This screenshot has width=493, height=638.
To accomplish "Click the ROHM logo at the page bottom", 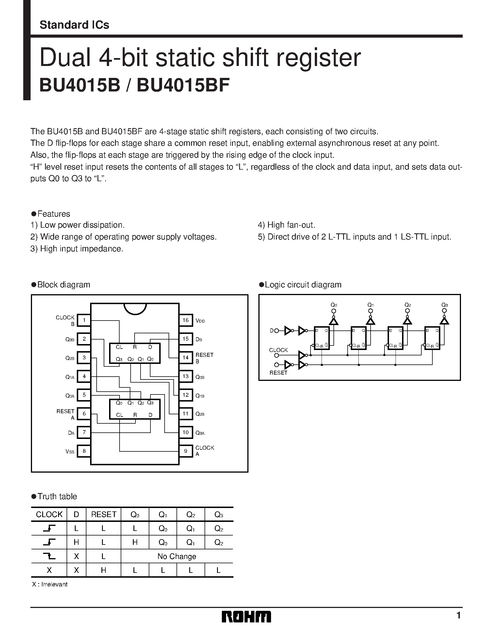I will coord(246,617).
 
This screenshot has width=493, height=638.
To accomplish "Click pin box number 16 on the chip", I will coord(186,320).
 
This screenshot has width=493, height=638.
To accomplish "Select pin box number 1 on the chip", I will coord(84,320).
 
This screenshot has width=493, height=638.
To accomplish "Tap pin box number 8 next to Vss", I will coord(84,451).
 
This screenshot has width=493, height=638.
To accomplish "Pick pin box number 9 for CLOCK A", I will coord(186,451).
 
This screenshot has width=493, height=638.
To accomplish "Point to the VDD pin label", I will coord(200,321).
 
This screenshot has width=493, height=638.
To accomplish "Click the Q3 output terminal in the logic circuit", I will coord(445,311).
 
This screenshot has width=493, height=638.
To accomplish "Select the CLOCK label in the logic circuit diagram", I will coord(278,350).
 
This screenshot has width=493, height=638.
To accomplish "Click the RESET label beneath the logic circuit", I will coord(278,373).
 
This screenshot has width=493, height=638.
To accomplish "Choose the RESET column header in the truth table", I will coord(103,514).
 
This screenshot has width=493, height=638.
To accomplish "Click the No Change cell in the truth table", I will coord(177,556).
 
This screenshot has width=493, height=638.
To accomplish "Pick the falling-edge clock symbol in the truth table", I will coord(49,556).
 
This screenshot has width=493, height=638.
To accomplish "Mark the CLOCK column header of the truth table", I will coord(49,514).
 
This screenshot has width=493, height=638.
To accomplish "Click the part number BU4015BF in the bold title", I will coord(183,85).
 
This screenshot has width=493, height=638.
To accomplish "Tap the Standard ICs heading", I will coord(74,25).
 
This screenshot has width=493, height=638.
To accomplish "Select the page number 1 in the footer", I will coord(458,616).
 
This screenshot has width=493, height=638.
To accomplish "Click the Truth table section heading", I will coord(57,496).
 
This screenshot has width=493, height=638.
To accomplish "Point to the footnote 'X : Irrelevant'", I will coord(50,584).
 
